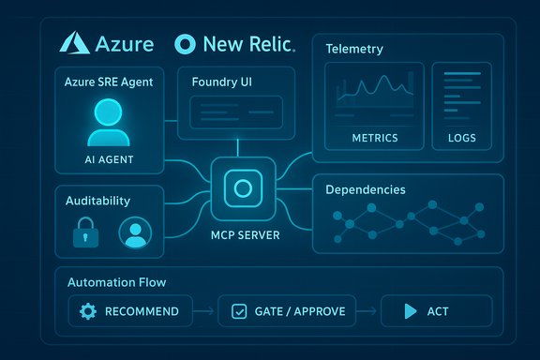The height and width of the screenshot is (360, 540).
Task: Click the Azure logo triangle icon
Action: [x=75, y=43]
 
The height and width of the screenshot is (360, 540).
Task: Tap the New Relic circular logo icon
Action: [x=186, y=44]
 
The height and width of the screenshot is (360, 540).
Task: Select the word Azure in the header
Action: [x=126, y=43]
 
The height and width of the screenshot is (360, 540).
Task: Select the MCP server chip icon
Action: [x=243, y=189]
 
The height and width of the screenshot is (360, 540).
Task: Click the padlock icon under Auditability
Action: [x=86, y=232]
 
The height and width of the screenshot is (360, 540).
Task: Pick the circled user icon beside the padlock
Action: [x=135, y=233]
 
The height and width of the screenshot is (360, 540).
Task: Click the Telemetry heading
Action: [x=354, y=48]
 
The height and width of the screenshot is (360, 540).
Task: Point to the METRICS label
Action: [x=374, y=138]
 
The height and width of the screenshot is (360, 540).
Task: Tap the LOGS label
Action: [x=461, y=138]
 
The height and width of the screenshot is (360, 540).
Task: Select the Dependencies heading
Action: [x=366, y=189]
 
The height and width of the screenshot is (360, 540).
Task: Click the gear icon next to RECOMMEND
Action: [x=89, y=310]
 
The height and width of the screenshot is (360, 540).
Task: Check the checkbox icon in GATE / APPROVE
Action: [x=238, y=310]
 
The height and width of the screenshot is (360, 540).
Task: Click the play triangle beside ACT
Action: [x=410, y=310]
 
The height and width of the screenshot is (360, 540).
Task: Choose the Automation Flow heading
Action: [x=119, y=281]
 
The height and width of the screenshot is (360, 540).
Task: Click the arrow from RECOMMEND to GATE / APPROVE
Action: [x=204, y=310]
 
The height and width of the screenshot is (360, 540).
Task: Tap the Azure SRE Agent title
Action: [x=110, y=82]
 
